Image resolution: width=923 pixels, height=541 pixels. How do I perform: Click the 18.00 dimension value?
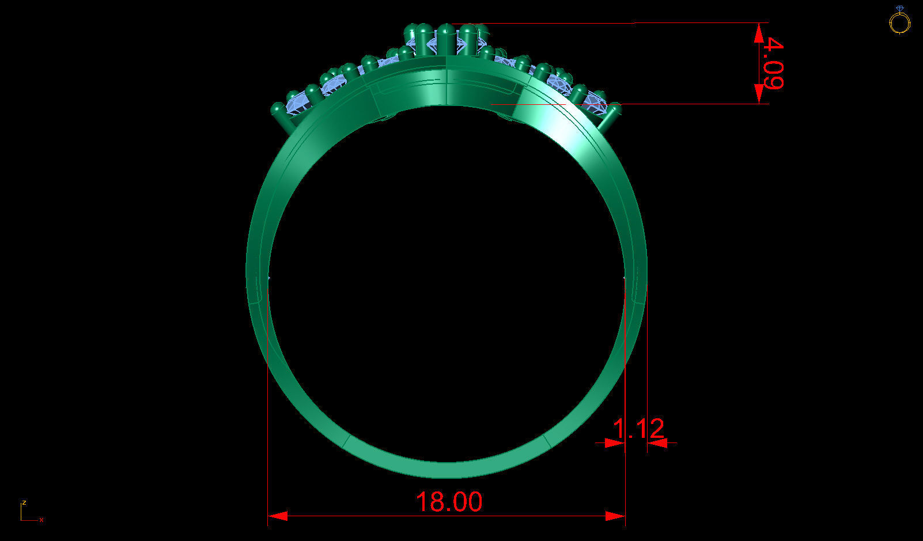pyautogui.click(x=448, y=502)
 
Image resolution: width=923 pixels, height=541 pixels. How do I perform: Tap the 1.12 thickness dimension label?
pyautogui.click(x=638, y=429)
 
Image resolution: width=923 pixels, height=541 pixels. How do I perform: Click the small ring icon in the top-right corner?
pyautogui.click(x=899, y=21)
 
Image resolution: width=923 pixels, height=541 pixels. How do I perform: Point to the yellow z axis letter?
pyautogui.click(x=24, y=502)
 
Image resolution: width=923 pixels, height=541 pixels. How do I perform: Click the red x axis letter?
pyautogui.click(x=41, y=520)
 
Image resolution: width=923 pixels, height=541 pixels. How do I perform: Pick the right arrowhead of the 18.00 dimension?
pyautogui.click(x=615, y=516)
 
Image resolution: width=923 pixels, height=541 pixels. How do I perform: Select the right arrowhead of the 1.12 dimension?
pyautogui.click(x=657, y=442)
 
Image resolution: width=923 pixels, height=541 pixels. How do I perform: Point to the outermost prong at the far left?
pyautogui.click(x=280, y=115)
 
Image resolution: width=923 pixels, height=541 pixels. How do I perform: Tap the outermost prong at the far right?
pyautogui.click(x=611, y=115)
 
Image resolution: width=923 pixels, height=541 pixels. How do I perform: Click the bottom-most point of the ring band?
pyautogui.click(x=447, y=476)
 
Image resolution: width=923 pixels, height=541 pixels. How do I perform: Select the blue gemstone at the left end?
pyautogui.click(x=300, y=104)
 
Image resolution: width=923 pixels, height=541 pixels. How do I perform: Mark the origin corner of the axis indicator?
pyautogui.click(x=21, y=520)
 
